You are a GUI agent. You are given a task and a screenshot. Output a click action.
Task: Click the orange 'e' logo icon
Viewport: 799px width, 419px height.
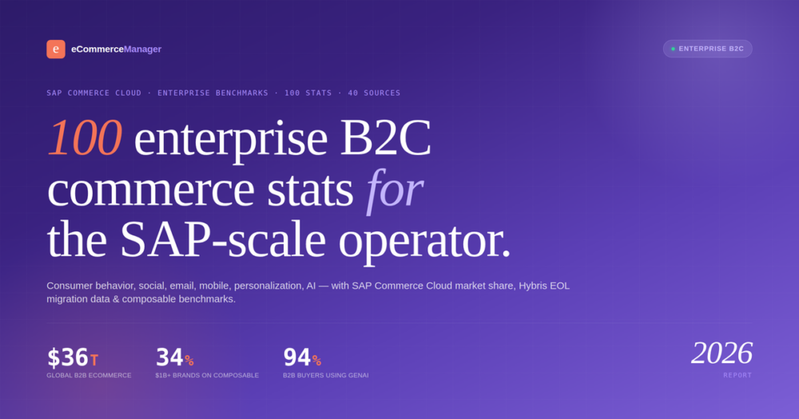click(56, 49)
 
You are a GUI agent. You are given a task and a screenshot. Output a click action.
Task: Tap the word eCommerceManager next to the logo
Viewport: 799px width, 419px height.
click(116, 49)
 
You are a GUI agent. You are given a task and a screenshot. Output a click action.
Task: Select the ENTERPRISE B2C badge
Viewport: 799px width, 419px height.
click(707, 49)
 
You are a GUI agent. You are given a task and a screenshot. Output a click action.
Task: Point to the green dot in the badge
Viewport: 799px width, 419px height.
click(673, 49)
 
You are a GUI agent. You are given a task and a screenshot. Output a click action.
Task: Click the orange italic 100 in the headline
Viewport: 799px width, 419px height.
click(85, 137)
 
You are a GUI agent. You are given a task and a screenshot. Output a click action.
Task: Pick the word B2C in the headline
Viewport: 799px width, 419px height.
click(386, 137)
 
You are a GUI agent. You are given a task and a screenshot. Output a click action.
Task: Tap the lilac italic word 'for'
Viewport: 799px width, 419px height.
click(395, 189)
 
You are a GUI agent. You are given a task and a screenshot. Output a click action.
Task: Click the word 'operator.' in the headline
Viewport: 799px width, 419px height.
click(424, 241)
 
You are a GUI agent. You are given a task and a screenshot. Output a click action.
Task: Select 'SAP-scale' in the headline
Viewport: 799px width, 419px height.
click(223, 239)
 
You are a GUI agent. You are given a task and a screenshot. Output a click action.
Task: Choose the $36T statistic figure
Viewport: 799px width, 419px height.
click(73, 358)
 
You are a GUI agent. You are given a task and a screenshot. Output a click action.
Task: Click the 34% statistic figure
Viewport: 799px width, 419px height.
click(174, 358)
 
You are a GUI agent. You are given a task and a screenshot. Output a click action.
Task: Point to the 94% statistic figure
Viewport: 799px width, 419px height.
click(302, 358)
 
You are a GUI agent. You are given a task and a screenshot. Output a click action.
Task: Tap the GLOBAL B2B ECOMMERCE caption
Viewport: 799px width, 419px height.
click(89, 376)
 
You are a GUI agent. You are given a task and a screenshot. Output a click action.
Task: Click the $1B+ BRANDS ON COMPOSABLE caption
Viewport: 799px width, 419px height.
click(207, 376)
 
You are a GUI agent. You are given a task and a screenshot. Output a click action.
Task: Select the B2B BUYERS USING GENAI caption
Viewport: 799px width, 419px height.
click(326, 376)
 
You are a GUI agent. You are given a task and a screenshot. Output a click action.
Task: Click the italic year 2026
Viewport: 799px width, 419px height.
click(721, 353)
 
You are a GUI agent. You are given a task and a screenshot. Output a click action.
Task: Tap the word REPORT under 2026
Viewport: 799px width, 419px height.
click(737, 375)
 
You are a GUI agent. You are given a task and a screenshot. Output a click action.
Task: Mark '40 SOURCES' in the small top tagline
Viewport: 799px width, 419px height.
click(374, 93)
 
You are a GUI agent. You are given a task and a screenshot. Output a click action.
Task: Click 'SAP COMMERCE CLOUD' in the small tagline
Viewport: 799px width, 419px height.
click(93, 93)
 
